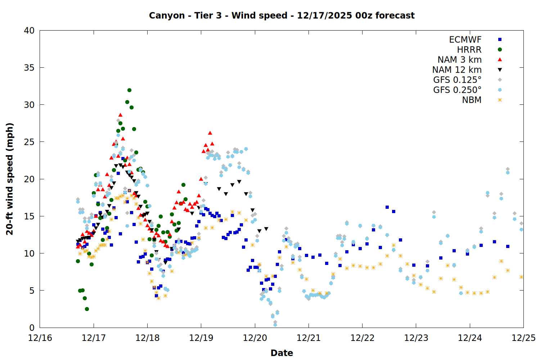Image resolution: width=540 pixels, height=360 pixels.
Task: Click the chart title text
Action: click(x=282, y=15)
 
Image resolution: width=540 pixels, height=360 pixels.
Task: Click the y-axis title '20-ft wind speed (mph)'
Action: click(x=10, y=179)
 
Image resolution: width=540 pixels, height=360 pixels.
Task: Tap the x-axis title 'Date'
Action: click(x=282, y=353)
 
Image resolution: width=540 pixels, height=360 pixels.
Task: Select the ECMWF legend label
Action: click(x=465, y=40)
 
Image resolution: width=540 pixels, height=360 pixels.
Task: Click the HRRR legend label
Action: click(x=469, y=50)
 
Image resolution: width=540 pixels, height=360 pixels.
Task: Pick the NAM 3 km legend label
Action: click(x=459, y=60)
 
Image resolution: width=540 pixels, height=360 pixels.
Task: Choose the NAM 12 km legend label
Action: click(x=457, y=70)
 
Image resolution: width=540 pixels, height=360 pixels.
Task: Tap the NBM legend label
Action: click(x=472, y=100)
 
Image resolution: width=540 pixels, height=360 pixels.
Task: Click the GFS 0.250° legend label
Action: click(x=457, y=90)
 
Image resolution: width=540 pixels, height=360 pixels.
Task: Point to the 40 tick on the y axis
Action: click(x=29, y=31)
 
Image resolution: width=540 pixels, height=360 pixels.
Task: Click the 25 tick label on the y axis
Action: click(x=29, y=142)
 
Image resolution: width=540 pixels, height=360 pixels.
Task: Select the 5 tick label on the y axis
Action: click(x=32, y=291)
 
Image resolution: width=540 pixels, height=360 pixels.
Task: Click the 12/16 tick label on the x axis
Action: click(x=40, y=338)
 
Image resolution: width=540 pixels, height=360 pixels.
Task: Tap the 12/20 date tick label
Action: click(x=255, y=338)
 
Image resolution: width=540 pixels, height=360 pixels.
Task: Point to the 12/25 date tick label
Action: click(x=523, y=338)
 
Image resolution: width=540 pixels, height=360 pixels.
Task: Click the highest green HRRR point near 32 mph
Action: click(x=129, y=90)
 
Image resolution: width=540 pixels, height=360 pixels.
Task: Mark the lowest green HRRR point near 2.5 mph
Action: click(x=87, y=309)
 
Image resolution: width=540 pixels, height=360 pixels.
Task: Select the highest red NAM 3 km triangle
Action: click(x=120, y=115)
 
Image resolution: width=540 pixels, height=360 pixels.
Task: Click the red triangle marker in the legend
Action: click(x=500, y=60)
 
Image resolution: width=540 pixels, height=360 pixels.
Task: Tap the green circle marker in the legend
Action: click(x=500, y=50)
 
